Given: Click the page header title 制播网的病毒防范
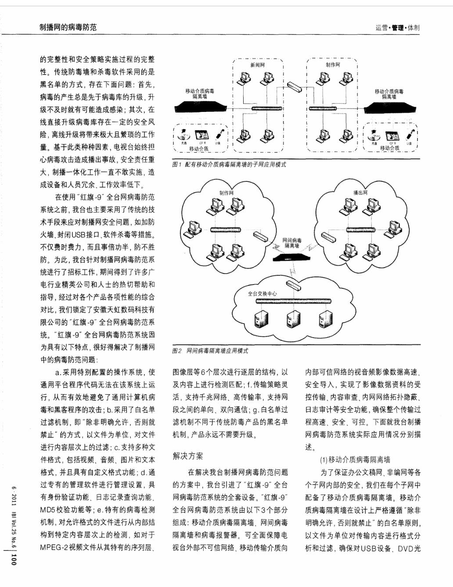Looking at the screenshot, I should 68,27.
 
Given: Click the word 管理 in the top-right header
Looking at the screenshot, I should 398,28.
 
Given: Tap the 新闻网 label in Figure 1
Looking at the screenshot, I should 258,65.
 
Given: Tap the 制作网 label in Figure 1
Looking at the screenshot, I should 333,65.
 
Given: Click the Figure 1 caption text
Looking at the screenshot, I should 229,164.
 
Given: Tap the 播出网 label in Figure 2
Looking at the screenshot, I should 360,193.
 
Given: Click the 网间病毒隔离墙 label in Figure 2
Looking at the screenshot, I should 291,243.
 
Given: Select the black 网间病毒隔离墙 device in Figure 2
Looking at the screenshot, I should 291,258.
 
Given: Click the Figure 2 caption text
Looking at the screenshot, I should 210,351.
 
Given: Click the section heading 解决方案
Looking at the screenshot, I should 188,456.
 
